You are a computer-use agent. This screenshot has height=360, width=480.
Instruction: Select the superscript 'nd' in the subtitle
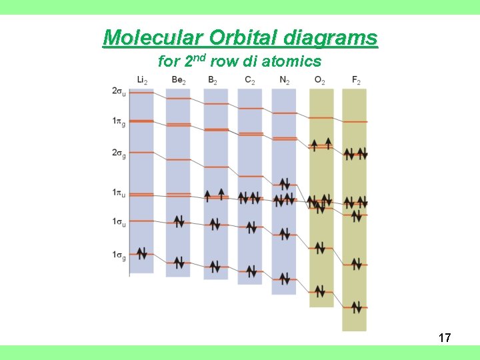pyautogui.click(x=200, y=57)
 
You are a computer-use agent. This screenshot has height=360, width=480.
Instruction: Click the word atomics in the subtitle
pyautogui.click(x=291, y=62)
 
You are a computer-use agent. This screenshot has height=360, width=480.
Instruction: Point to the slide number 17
pyautogui.click(x=445, y=338)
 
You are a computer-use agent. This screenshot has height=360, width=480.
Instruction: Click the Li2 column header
pyautogui.click(x=142, y=81)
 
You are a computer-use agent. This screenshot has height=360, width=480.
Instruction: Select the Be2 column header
pyautogui.click(x=178, y=81)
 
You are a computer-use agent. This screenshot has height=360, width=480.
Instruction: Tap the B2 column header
pyautogui.click(x=213, y=81)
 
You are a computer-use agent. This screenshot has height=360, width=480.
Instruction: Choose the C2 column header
pyautogui.click(x=249, y=81)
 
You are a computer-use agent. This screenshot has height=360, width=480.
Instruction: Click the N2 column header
pyautogui.click(x=285, y=81)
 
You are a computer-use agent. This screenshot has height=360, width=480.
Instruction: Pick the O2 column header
pyautogui.click(x=321, y=81)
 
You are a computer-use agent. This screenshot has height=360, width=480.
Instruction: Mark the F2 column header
pyautogui.click(x=356, y=81)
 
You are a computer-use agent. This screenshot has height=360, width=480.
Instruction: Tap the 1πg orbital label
pyautogui.click(x=119, y=121)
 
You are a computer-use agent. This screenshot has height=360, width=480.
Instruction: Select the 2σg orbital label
pyautogui.click(x=119, y=153)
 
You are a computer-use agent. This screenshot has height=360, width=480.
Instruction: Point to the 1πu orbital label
pyautogui.click(x=119, y=193)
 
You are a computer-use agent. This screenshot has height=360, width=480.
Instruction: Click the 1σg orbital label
pyautogui.click(x=119, y=255)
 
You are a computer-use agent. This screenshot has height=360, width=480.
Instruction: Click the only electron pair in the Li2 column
pyautogui.click(x=142, y=253)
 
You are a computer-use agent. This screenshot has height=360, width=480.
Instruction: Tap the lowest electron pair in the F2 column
pyautogui.click(x=357, y=307)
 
